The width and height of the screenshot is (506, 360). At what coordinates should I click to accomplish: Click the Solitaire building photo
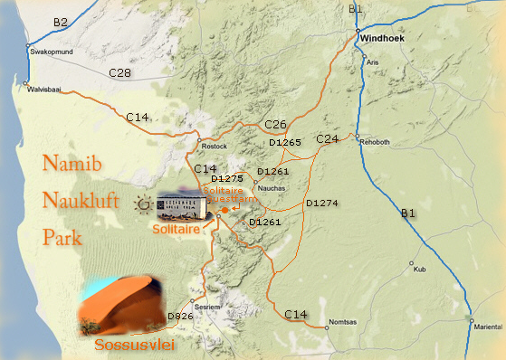tap(185, 207)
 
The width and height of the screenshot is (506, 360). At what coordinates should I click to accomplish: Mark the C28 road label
tap(120, 71)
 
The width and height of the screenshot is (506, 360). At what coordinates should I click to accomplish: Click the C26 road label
tap(276, 124)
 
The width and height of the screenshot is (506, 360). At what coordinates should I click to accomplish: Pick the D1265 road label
tap(285, 143)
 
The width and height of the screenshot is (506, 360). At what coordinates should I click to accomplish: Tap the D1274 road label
tap(321, 204)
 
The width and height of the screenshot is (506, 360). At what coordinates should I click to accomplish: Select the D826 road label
tap(180, 316)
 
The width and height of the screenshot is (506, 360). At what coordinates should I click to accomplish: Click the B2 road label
tap(61, 21)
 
